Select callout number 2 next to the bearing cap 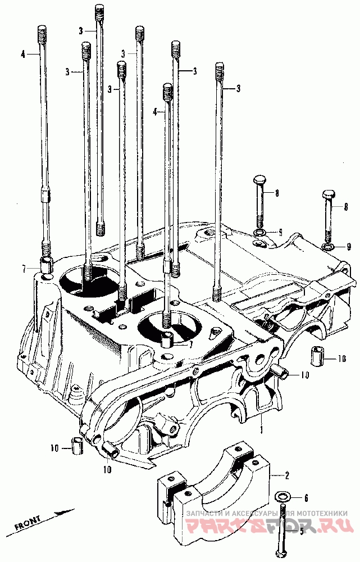[x=287, y=475]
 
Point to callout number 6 [x=306, y=498]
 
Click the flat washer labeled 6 [x=283, y=497]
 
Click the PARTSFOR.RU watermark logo [x=270, y=525]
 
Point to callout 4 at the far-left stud [x=23, y=55]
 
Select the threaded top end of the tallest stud [x=100, y=12]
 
